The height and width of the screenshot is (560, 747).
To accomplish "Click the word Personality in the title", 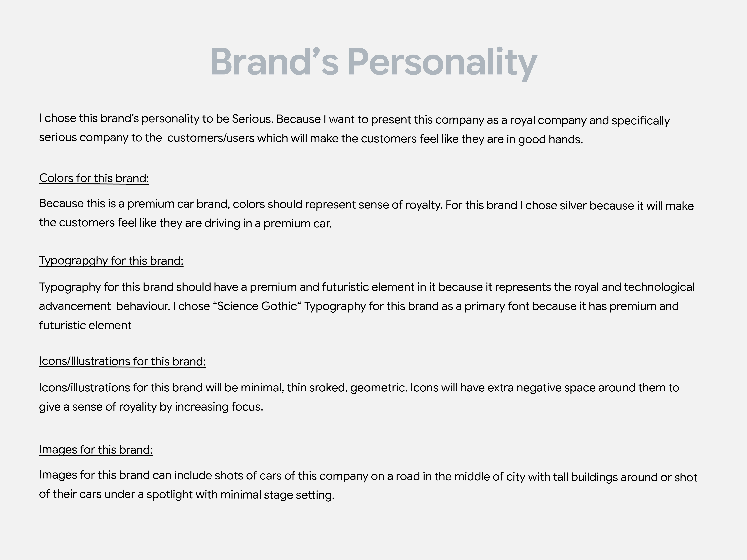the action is tap(442, 62).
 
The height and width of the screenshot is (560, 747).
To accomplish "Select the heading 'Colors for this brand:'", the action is tap(94, 178).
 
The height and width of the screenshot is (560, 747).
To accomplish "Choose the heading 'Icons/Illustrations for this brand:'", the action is tap(122, 361).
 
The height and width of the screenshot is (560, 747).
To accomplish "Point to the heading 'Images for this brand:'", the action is tap(96, 450).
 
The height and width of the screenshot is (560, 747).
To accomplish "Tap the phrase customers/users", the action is tap(211, 138).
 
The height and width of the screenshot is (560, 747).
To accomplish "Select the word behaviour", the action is tap(143, 306).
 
